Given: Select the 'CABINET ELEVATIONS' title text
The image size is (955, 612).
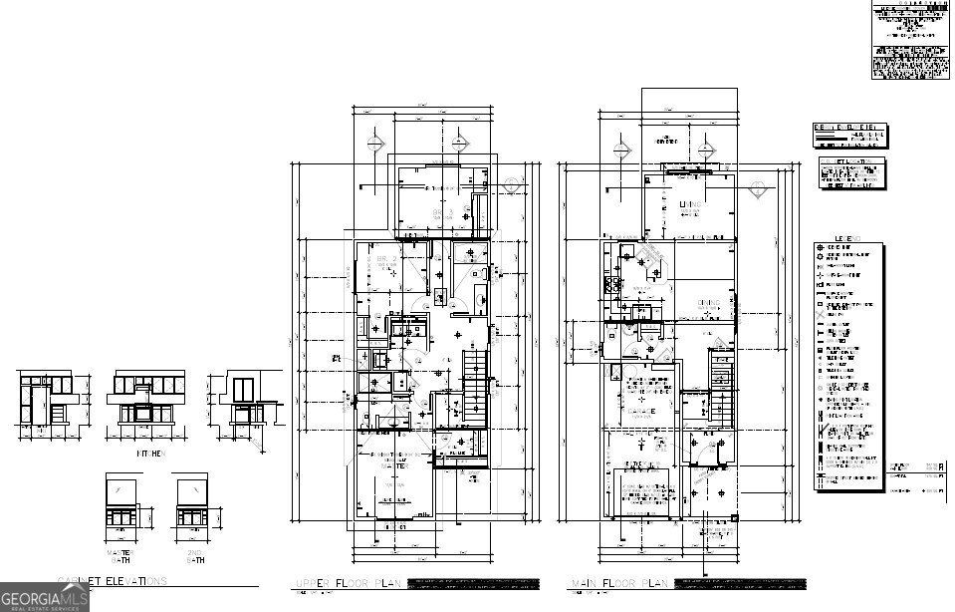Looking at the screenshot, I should pos(112,581).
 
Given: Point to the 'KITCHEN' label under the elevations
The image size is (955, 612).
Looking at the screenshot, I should pos(150,453).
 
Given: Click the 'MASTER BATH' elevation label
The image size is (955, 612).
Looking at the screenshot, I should pos(123,556).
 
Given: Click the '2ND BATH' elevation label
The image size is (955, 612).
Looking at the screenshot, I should pos(191,556).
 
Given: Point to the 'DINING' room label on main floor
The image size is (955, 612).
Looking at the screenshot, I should pos(709,303).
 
